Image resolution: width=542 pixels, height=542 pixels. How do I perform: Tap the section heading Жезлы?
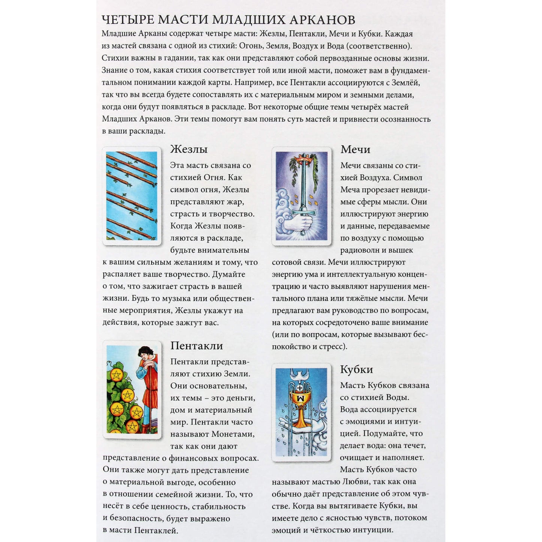[189, 149]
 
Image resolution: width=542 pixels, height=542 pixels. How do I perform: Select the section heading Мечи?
[355, 149]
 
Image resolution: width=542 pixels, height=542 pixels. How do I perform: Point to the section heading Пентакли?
[197, 345]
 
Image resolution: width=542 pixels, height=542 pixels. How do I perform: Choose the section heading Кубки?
[356, 369]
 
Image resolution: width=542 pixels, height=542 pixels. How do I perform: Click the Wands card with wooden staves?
[132, 196]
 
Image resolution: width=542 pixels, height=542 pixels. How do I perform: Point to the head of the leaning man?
[144, 353]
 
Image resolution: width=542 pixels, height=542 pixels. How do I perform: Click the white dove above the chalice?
[300, 374]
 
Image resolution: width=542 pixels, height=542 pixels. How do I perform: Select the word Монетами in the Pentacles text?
[233, 434]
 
